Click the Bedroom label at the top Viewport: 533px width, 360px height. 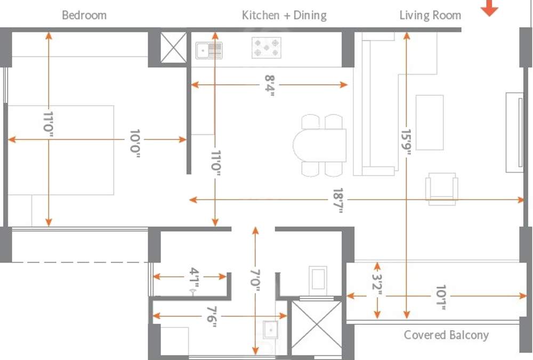coord(84,15)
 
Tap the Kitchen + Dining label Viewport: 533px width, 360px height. coord(284,15)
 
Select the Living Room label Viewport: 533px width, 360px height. coord(430,15)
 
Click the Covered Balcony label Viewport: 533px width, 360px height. coord(446,335)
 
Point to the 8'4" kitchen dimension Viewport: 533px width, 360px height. coord(270,85)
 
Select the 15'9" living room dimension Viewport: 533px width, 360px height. coord(407,142)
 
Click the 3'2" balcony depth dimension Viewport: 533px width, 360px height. coord(377,290)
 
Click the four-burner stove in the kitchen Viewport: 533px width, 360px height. coord(266,47)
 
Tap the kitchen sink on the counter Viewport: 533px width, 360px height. coord(209,51)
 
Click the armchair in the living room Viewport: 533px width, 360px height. coord(441,188)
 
